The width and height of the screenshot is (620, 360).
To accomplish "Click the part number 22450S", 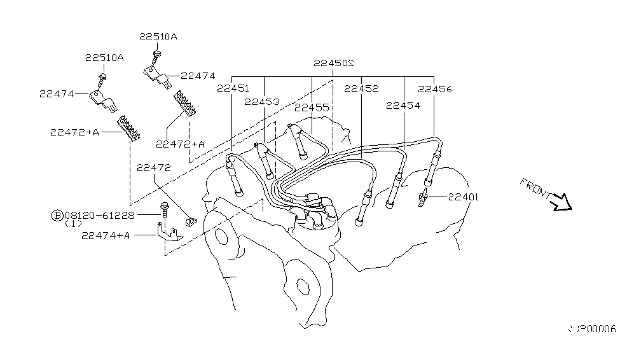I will tap(333, 64).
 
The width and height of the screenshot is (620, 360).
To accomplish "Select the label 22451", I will tap(233, 88).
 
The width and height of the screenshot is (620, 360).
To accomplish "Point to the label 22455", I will tap(312, 107).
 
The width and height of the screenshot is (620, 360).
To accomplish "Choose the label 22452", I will tap(361, 89).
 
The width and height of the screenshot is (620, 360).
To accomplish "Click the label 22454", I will tap(403, 106).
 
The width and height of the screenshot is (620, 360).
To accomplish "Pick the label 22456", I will tap(435, 89).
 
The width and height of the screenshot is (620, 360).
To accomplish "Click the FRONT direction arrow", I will tap(562, 202).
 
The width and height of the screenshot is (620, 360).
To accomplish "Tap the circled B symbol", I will tap(57, 216).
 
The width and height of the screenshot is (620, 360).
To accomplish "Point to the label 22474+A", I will tap(106, 235).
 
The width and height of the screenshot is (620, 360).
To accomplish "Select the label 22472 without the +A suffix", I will tap(154, 167).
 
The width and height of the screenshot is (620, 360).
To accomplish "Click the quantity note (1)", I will tap(73, 224).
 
